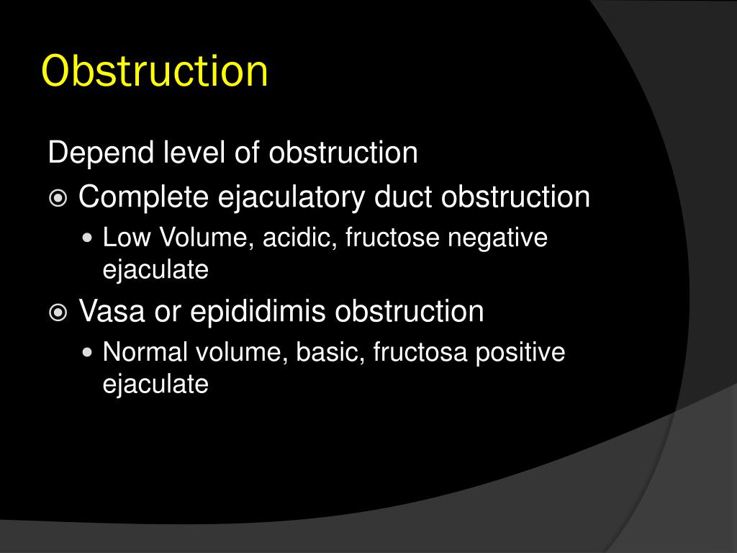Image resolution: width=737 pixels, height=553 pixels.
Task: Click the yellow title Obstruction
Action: [155, 71]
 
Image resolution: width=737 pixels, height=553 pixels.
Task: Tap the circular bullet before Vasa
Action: [58, 313]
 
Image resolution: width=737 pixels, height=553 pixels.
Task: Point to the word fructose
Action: [393, 238]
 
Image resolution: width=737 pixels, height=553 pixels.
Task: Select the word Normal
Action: [144, 352]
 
